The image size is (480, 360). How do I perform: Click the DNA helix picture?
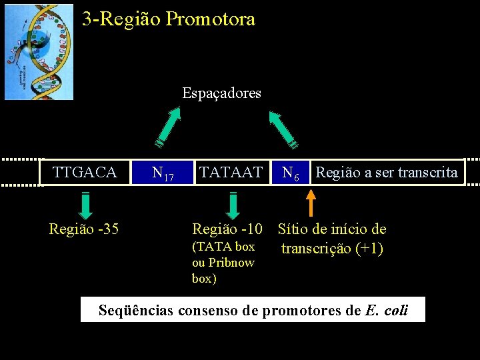(39, 51)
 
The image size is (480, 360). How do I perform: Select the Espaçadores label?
(221, 93)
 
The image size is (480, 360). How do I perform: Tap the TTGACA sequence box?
(85, 173)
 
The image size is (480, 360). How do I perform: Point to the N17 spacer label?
(163, 174)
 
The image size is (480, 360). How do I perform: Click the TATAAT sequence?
(231, 173)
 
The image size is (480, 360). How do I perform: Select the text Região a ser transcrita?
(387, 173)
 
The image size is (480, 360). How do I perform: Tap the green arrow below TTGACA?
(86, 205)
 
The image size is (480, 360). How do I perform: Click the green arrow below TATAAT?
(233, 205)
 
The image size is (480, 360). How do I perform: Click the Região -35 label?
(84, 229)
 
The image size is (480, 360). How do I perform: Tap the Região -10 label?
(227, 229)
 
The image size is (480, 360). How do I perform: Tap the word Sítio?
(293, 229)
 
